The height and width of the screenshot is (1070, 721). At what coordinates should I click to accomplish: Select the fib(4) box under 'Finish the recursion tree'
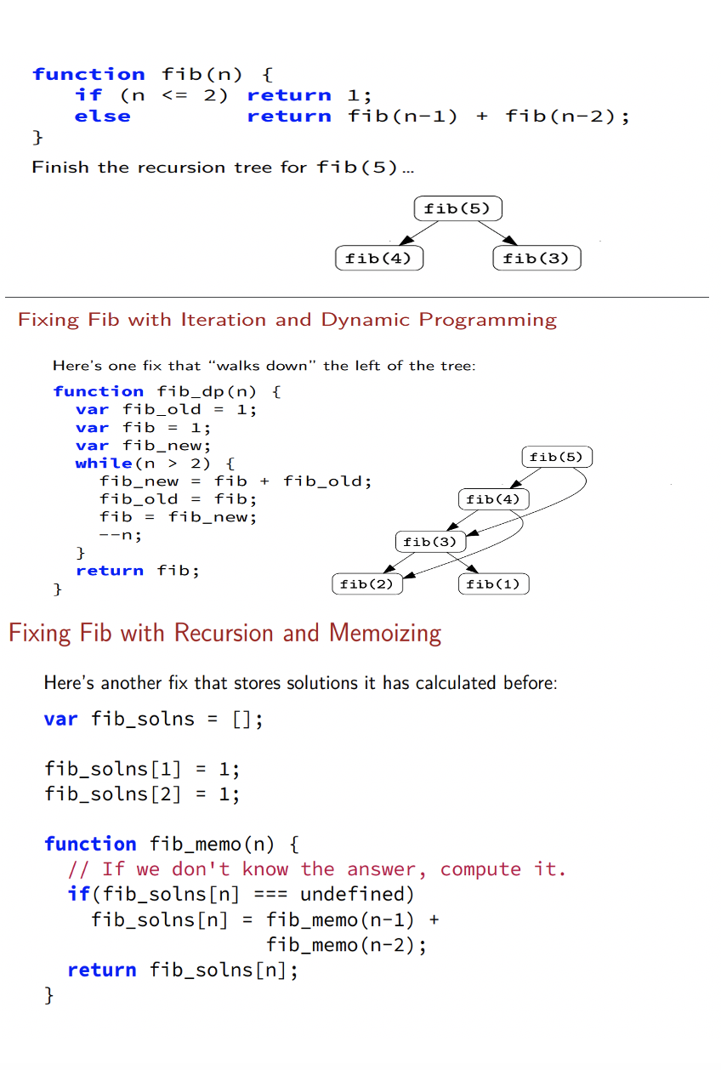tap(379, 259)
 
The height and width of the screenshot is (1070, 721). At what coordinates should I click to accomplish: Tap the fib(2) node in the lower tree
tap(366, 584)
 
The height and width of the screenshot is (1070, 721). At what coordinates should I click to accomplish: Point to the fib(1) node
tap(493, 584)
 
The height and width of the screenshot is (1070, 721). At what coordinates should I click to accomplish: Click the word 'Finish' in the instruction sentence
tap(60, 168)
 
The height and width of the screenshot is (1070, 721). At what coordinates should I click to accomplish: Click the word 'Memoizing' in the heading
tap(385, 634)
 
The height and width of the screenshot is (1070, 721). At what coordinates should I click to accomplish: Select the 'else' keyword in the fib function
tap(102, 117)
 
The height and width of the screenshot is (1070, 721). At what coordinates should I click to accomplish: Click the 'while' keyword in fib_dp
tap(104, 464)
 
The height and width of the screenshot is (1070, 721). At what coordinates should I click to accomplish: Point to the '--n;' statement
tap(120, 535)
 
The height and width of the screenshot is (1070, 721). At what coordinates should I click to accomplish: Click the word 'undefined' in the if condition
tap(356, 894)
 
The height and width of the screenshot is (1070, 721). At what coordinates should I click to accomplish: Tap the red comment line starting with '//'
tap(316, 869)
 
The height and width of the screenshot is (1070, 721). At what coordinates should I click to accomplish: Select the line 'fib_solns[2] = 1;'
tap(142, 794)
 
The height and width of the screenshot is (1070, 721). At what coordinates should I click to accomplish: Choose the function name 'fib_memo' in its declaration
tap(196, 845)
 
